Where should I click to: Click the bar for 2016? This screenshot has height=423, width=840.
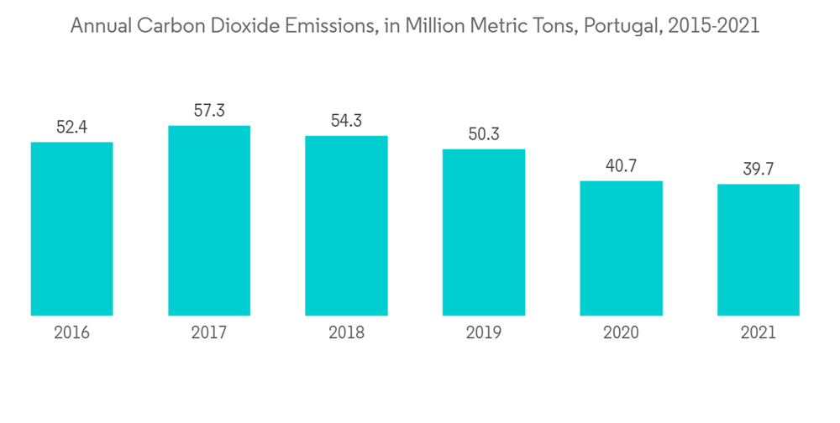[71, 229]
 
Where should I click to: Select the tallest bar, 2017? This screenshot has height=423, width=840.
[209, 221]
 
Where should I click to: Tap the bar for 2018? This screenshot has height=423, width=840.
[346, 226]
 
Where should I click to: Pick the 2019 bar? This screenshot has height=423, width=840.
[484, 232]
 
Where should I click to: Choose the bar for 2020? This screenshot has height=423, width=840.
[622, 248]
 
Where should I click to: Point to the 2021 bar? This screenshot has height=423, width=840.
[759, 250]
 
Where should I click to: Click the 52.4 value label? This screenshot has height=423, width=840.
[71, 128]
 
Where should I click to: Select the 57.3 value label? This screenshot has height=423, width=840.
[209, 111]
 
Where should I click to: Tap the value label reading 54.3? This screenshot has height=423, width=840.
[346, 121]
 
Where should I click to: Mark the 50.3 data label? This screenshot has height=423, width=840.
[484, 134]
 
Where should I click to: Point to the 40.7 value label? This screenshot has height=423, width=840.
[622, 166]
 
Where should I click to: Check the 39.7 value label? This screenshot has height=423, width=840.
[759, 170]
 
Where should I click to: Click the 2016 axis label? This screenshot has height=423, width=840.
[71, 333]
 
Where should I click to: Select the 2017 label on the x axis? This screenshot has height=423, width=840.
[209, 333]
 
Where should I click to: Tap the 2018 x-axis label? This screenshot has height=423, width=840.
[346, 333]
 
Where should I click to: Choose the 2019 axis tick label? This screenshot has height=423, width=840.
[484, 333]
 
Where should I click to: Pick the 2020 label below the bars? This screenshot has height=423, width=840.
[622, 333]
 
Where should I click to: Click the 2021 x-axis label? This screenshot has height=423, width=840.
[759, 333]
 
